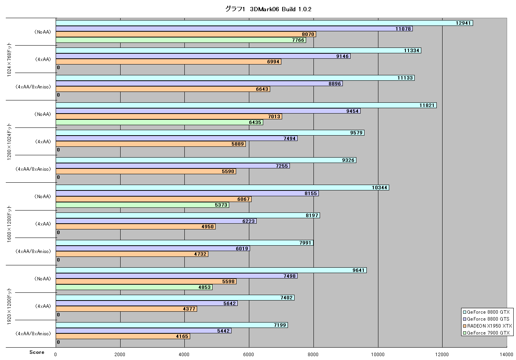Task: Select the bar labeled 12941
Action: point(264,23)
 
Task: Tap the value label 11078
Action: point(403,29)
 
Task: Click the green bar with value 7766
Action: point(181,40)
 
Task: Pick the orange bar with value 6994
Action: point(169,62)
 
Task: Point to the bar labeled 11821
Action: point(246,105)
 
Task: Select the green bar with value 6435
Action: point(159,122)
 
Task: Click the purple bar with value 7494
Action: point(177,139)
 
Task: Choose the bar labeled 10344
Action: point(223,188)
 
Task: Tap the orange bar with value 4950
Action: point(136,227)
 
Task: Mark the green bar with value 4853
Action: point(134,287)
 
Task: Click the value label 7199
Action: point(280,325)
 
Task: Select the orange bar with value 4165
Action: point(123,336)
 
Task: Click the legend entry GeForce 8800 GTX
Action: point(487,312)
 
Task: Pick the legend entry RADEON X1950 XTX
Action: point(487,326)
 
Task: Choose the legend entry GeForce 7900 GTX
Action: point(487,333)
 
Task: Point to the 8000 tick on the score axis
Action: point(313,355)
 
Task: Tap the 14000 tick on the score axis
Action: point(507,355)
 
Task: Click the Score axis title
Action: point(37,352)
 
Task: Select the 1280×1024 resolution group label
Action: point(9,141)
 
